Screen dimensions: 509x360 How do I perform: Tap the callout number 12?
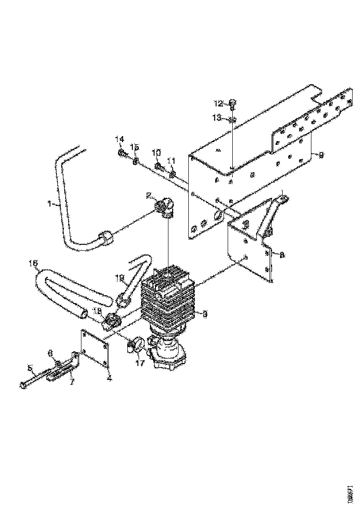(218, 102)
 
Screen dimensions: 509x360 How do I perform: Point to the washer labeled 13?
(233, 120)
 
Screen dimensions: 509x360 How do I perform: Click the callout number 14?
(120, 139)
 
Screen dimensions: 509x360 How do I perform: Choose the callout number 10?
(156, 152)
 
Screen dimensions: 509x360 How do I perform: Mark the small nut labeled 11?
(172, 174)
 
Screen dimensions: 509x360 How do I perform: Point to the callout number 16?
(33, 264)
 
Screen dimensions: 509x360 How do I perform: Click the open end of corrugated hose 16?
(83, 315)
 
